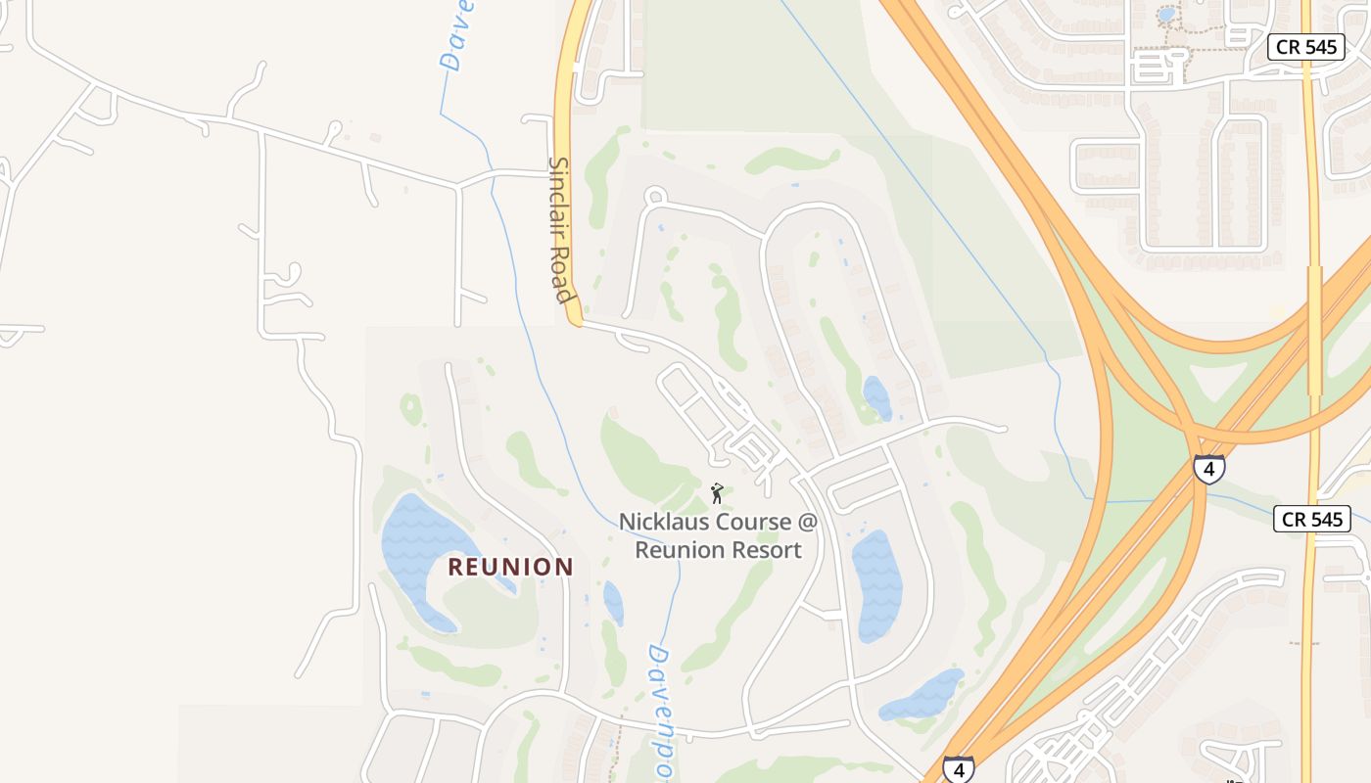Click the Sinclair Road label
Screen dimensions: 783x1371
[x=560, y=230]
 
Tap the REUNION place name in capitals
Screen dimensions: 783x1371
[x=510, y=567]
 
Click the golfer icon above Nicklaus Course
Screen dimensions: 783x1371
[x=717, y=492]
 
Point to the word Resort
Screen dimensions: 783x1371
[x=761, y=550]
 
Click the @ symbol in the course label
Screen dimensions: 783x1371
[x=806, y=522]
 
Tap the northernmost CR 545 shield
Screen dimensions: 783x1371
[x=1305, y=47]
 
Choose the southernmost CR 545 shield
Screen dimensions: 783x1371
[x=1312, y=519]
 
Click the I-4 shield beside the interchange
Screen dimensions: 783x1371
[x=1209, y=469]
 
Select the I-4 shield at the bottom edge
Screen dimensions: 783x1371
[x=959, y=768]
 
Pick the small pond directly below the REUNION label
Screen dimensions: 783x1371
[x=613, y=601]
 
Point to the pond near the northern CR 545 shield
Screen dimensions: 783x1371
[x=1166, y=16]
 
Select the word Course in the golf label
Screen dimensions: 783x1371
[x=753, y=522]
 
